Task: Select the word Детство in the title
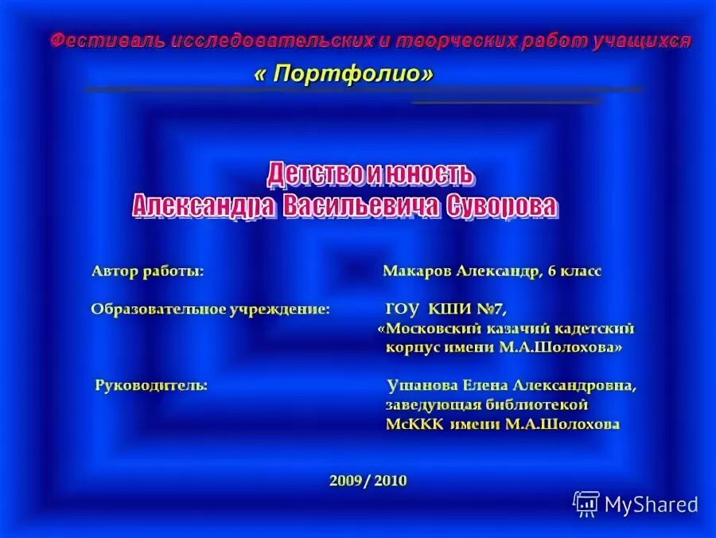[x=314, y=173]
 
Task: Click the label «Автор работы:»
[x=148, y=271]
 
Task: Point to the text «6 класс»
[x=574, y=271]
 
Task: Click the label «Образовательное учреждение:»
[x=210, y=309]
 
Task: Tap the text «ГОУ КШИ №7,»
[x=446, y=309]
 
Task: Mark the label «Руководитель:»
[x=152, y=385]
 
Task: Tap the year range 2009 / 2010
[x=368, y=480]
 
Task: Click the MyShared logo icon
[x=586, y=503]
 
